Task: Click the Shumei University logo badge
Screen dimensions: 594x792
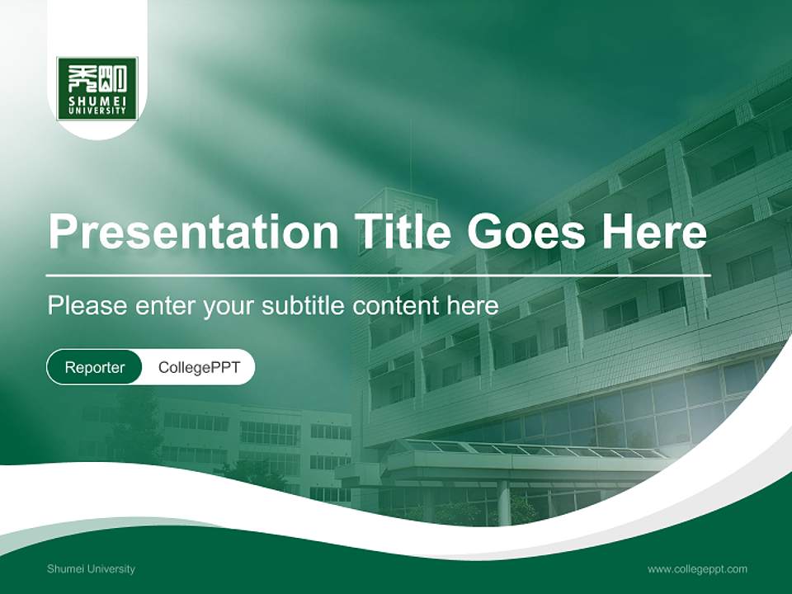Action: (x=97, y=88)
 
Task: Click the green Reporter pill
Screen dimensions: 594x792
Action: (x=94, y=367)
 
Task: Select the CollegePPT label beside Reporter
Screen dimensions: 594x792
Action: (x=199, y=367)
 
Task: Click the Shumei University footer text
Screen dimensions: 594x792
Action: (x=92, y=568)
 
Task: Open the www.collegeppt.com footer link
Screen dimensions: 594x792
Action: (x=697, y=568)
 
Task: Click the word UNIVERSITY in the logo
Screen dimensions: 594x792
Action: (x=97, y=110)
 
